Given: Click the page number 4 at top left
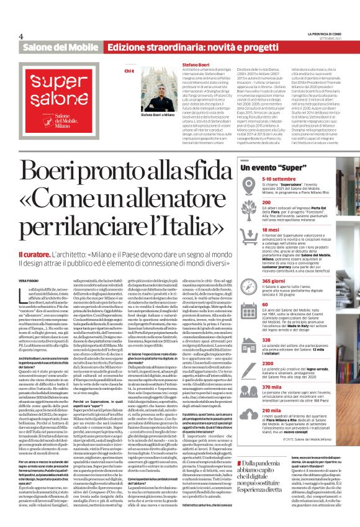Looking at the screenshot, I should pyautogui.click(x=20, y=36).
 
